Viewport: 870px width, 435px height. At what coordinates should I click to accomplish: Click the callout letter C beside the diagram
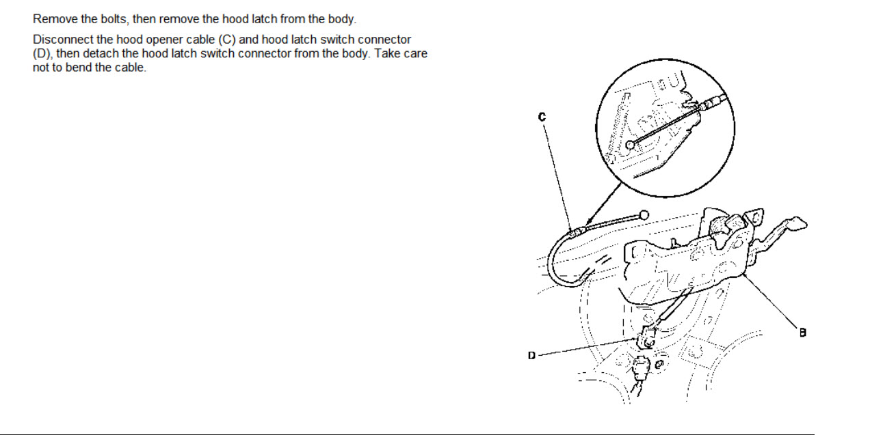542,117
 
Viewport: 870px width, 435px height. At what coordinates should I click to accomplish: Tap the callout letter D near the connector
531,356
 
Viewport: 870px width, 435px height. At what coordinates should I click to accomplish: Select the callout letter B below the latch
802,333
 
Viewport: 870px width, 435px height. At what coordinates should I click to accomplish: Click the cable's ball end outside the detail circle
644,215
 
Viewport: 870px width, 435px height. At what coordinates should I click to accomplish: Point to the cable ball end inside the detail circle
631,145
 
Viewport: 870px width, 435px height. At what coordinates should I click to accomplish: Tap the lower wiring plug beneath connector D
640,368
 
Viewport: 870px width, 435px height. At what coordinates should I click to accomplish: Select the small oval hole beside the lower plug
659,365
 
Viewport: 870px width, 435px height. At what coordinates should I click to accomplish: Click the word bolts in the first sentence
114,19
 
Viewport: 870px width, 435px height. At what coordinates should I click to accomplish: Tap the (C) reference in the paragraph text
227,40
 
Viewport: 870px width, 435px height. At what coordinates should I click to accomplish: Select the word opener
165,40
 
